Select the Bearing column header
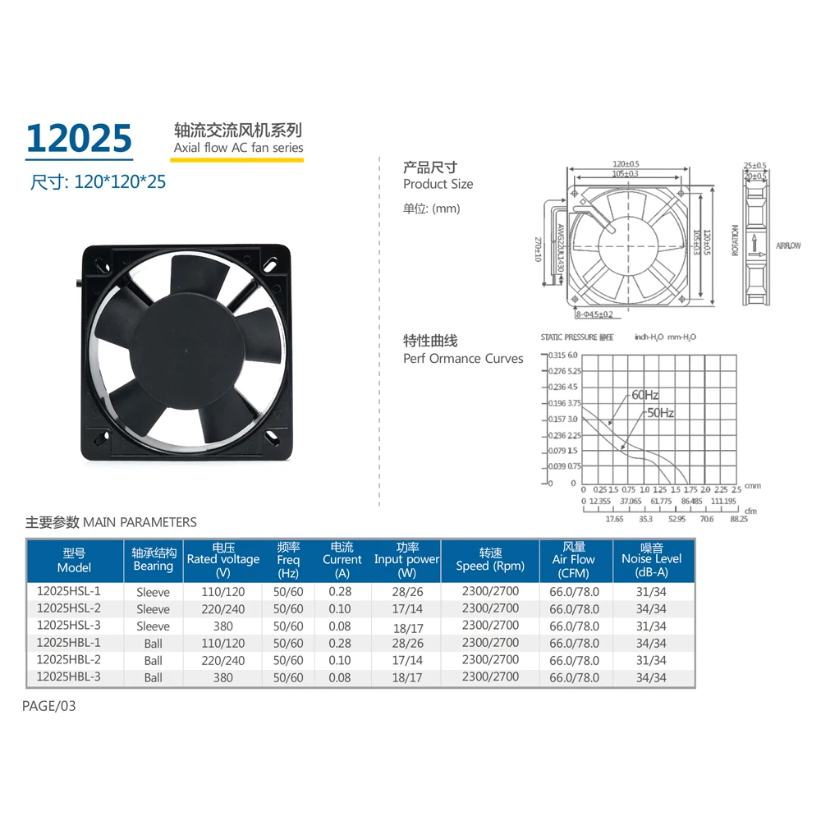pos(154,560)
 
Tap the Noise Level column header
pos(652,560)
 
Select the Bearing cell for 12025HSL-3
pos(154,626)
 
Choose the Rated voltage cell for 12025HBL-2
pos(223,660)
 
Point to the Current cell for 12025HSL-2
pos(339,608)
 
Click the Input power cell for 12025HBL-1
pos(406,643)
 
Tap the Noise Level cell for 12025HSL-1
pos(652,591)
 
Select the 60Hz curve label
pos(645,395)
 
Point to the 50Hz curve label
pos(659,413)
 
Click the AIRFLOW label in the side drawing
pos(788,245)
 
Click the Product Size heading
pos(438,184)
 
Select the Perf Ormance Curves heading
pos(463,359)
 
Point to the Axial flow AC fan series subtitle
pos(238,149)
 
